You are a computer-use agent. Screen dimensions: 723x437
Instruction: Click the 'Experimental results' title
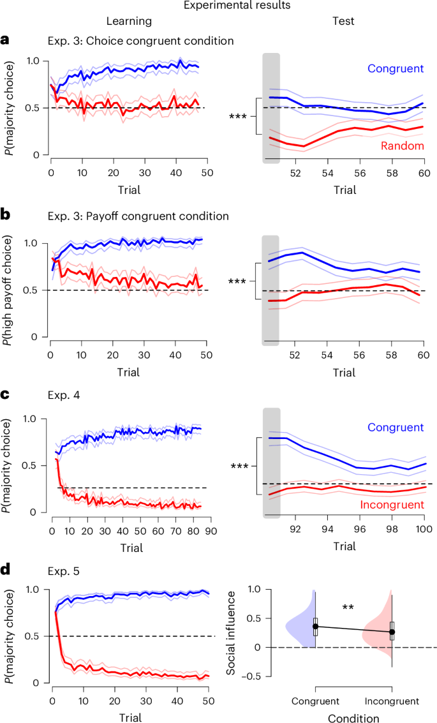point(218,6)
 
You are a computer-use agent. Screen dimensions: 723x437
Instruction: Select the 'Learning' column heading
point(128,22)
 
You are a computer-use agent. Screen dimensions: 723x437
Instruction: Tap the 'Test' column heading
point(344,22)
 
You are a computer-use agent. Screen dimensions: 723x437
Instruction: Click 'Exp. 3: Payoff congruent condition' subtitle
point(138,216)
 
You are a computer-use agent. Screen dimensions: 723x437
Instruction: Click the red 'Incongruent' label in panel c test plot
point(393,505)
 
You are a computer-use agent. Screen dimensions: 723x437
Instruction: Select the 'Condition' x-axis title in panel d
point(353,717)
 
